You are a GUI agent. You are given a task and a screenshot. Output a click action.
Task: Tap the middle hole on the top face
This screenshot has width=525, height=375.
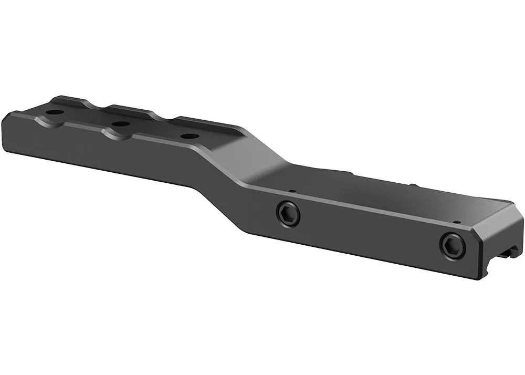point(121,124)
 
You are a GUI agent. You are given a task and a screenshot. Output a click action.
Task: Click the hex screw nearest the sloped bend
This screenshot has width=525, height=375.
point(288,214)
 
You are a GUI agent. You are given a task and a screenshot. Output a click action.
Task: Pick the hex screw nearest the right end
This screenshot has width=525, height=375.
point(452,245)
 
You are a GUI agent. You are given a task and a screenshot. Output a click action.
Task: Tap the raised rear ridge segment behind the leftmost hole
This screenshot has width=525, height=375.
point(68,100)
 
